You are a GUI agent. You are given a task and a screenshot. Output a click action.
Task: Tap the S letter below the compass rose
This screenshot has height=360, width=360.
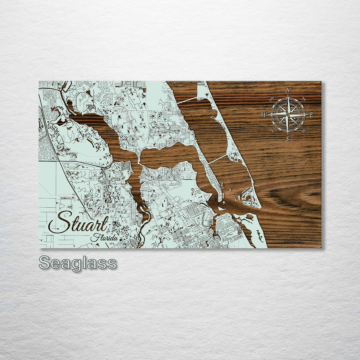pyautogui.click(x=287, y=139)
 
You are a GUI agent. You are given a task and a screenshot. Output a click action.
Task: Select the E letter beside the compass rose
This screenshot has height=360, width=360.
pyautogui.click(x=311, y=115)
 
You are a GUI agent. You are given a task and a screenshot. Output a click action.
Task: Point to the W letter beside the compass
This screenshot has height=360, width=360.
pyautogui.click(x=264, y=115)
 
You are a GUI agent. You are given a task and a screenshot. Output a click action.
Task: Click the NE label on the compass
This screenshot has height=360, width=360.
pyautogui.click(x=304, y=99)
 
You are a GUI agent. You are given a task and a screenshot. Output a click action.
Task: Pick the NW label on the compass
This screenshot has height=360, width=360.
pyautogui.click(x=272, y=99)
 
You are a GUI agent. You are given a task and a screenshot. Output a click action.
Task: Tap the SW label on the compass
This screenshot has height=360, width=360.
pyautogui.click(x=272, y=130)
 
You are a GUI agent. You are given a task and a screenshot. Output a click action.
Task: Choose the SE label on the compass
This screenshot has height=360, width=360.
pyautogui.click(x=304, y=130)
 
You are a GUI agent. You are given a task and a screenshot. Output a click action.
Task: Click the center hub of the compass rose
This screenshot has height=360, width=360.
pyautogui.click(x=288, y=114)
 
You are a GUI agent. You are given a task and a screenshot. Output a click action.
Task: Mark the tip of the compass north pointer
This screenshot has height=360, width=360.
pyautogui.click(x=288, y=95)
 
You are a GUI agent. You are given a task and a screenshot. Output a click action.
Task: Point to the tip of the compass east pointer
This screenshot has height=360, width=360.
pyautogui.click(x=307, y=114)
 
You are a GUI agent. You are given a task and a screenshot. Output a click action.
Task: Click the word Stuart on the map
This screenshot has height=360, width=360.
pyautogui.click(x=79, y=223)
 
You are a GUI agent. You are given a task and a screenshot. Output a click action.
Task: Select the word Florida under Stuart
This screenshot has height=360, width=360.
pyautogui.click(x=104, y=238)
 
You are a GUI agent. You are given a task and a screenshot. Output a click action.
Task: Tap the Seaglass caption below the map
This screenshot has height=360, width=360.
pyautogui.click(x=78, y=263)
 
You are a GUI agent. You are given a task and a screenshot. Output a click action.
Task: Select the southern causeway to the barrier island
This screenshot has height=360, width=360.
pyautogui.click(x=218, y=159)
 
